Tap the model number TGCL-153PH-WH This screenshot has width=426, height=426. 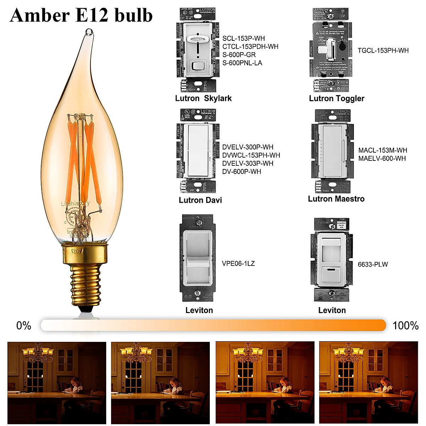[x=383, y=50]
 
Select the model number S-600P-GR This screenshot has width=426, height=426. [x=239, y=55]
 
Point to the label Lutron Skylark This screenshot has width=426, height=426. [x=203, y=98]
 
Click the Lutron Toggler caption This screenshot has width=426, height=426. [x=337, y=98]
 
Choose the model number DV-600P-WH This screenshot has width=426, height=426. [x=242, y=171]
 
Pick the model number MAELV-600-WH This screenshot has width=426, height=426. [x=382, y=158]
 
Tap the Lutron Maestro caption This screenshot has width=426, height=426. [x=336, y=199]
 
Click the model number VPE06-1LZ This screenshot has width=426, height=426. [x=238, y=263]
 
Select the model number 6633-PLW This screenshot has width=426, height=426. [x=373, y=264]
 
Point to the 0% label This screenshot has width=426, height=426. [x=24, y=326]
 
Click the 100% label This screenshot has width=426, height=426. [x=405, y=326]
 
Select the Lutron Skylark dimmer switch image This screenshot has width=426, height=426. [x=197, y=51]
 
